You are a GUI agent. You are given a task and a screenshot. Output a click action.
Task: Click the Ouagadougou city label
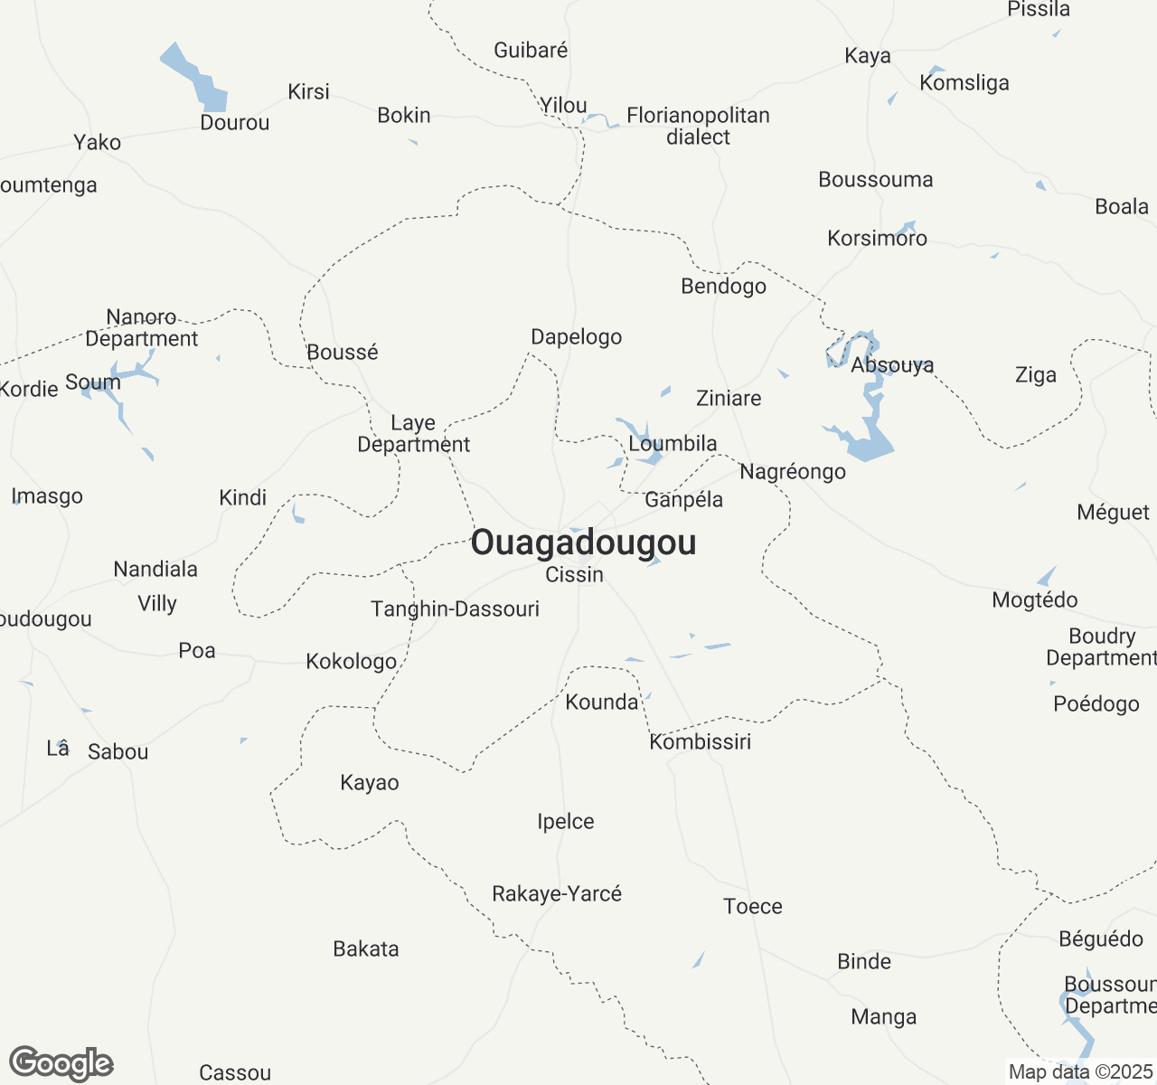[x=583, y=542]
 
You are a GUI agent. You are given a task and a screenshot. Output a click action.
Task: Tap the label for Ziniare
[x=729, y=398]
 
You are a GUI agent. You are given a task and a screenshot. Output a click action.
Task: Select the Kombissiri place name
[x=701, y=742]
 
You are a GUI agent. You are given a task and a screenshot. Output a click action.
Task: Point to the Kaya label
[x=868, y=56]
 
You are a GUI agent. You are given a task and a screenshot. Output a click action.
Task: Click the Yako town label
[x=98, y=143]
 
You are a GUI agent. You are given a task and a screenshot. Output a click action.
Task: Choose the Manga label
[x=884, y=1017]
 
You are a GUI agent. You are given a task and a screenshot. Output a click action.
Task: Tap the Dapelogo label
[x=577, y=337]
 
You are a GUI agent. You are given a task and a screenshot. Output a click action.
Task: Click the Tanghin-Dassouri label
[x=455, y=609]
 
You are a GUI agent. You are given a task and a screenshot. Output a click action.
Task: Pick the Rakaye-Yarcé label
[x=557, y=894]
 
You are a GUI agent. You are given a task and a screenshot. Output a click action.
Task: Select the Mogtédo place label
[x=1035, y=600]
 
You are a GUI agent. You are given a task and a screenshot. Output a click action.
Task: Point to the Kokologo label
[x=352, y=662]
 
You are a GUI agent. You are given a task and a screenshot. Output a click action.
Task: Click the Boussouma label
[x=876, y=180]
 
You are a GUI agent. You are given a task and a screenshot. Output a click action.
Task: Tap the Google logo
[x=61, y=1064]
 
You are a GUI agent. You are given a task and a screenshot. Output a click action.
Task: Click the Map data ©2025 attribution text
[x=1080, y=1072]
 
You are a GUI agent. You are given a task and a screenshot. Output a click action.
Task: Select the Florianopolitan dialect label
[x=698, y=127]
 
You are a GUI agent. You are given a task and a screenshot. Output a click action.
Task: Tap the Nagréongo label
[x=793, y=472]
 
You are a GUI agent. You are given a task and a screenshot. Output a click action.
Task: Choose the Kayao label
[x=370, y=783]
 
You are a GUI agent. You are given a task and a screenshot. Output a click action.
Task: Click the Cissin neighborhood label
[x=575, y=575]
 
